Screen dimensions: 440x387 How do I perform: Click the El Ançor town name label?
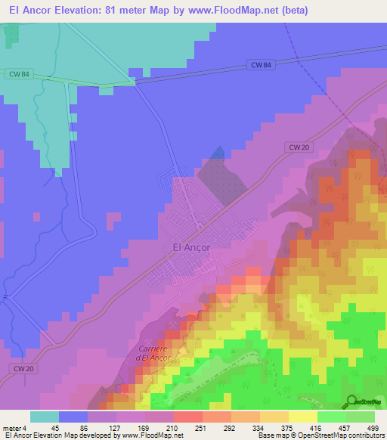click(191, 246)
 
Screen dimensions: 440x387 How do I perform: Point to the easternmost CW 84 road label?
click(259, 66)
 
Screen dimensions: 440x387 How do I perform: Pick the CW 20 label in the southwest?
click(23, 368)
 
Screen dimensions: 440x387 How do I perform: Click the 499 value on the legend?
click(372, 428)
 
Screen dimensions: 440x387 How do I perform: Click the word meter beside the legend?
click(11, 428)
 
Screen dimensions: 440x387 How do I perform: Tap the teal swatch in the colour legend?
click(45, 417)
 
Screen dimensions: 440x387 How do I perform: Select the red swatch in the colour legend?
click(187, 417)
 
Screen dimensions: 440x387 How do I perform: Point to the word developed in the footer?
click(97, 435)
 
